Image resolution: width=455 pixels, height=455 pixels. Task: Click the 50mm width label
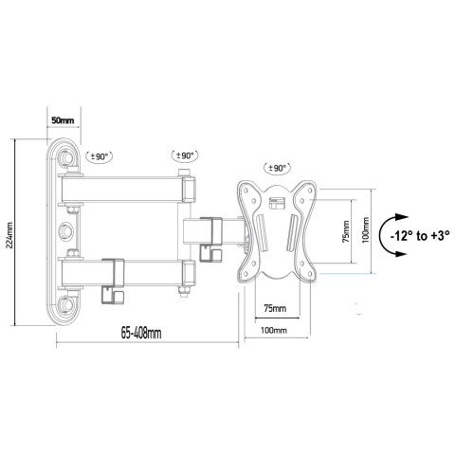63,121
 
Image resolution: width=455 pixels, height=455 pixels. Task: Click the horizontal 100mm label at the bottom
273,329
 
